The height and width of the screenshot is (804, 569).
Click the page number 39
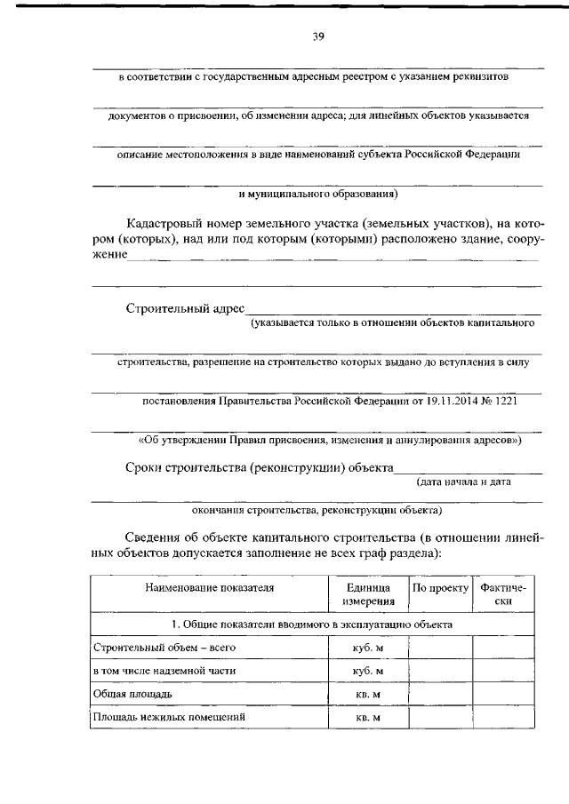coord(317,36)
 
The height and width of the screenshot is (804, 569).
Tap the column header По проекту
coord(439,587)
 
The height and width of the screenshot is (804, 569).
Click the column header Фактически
coord(503,594)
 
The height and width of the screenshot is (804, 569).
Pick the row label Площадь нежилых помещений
coord(168,715)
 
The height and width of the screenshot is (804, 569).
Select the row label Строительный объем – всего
coord(157,649)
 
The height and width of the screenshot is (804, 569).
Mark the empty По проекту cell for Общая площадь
coord(439,694)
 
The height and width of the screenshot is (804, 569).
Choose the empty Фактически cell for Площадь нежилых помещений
coord(503,716)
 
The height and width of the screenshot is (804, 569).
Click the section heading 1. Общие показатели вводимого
coord(312,625)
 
